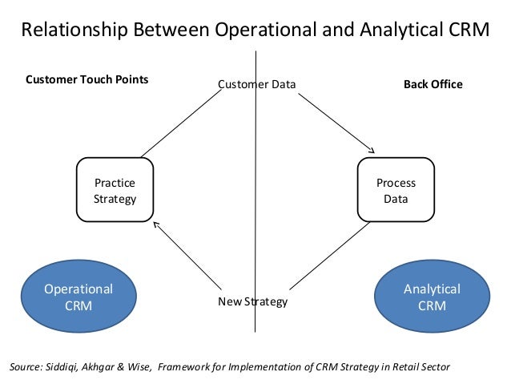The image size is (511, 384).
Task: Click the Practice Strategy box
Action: tap(115, 190)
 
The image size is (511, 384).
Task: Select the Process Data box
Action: tap(396, 190)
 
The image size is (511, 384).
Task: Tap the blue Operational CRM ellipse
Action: tap(78, 297)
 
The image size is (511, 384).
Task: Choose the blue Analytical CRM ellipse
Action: tap(432, 297)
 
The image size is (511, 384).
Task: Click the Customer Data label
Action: tap(256, 84)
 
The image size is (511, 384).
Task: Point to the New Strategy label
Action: tap(252, 302)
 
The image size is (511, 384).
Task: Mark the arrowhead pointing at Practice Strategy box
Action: tap(156, 224)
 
